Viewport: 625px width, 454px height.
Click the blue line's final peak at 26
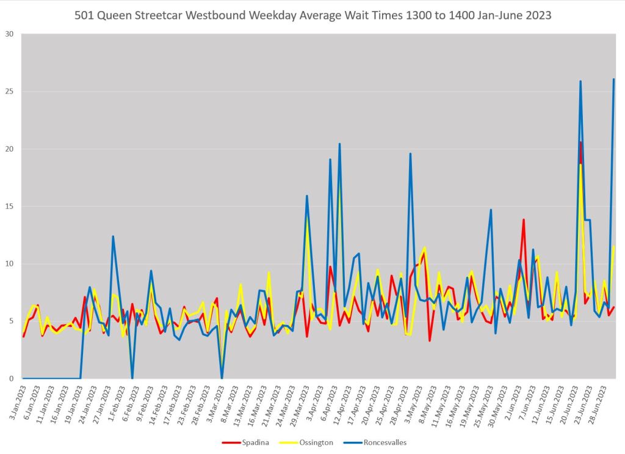pos(613,79)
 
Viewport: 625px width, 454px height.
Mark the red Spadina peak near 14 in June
pos(523,220)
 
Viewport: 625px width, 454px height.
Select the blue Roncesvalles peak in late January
pos(113,236)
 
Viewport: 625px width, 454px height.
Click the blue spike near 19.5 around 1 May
pos(410,154)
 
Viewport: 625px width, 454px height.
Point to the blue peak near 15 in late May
pos(491,210)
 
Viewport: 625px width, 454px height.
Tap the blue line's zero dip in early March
pos(222,378)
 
